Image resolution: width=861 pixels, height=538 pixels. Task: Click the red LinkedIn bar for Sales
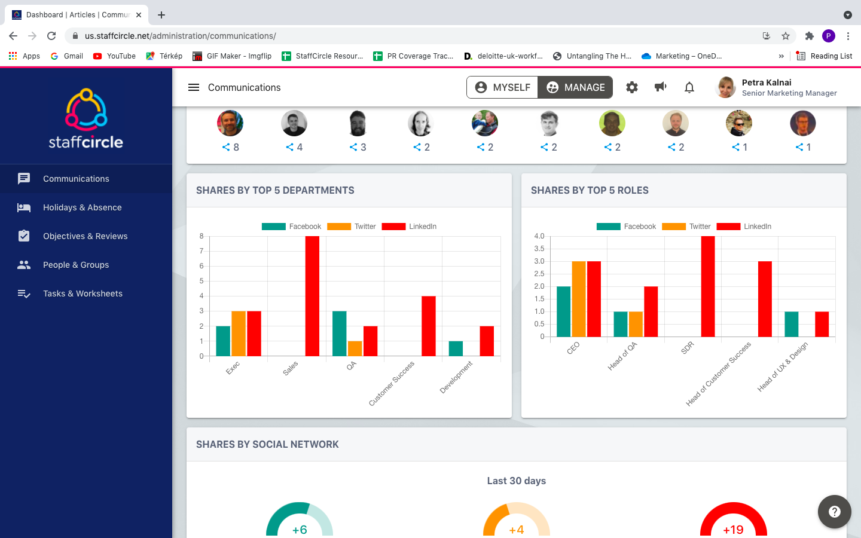click(312, 296)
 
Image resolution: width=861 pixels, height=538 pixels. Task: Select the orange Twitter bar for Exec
click(239, 334)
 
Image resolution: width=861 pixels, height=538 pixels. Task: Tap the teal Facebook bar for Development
click(456, 349)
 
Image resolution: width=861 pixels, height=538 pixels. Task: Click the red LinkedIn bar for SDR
click(708, 286)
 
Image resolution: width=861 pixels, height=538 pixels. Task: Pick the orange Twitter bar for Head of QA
click(636, 324)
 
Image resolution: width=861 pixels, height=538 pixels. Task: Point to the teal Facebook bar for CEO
click(563, 311)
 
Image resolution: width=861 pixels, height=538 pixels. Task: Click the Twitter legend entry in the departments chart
click(352, 227)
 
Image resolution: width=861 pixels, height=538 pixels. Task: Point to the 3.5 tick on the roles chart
click(539, 249)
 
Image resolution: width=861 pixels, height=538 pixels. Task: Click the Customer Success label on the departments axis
click(392, 384)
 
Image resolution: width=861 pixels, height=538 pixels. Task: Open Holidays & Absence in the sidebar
click(82, 207)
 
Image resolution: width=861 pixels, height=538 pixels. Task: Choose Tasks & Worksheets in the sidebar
click(83, 294)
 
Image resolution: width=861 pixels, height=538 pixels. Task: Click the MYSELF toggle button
click(502, 87)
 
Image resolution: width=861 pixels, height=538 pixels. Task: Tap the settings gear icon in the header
click(632, 87)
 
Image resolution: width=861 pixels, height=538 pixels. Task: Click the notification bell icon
click(689, 87)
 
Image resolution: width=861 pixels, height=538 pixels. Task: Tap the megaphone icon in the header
click(661, 87)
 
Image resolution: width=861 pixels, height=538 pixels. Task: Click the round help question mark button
click(835, 512)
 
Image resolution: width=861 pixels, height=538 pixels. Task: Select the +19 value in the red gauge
click(733, 530)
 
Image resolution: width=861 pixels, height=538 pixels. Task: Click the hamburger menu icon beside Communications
click(194, 87)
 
